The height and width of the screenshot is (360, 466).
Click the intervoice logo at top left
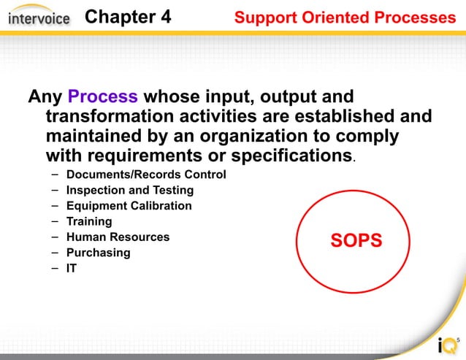click(x=39, y=18)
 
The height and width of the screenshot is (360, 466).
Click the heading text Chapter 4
click(x=128, y=17)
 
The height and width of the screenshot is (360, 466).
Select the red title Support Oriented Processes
click(x=345, y=18)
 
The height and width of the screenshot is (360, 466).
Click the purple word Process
click(x=102, y=96)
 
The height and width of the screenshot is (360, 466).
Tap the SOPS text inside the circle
click(x=356, y=241)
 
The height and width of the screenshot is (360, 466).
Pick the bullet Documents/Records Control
click(x=146, y=175)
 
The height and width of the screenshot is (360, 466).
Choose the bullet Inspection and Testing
click(x=130, y=190)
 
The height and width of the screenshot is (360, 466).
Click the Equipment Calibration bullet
click(x=129, y=206)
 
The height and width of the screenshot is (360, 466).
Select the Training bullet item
click(x=89, y=221)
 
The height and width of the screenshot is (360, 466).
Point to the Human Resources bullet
click(x=118, y=237)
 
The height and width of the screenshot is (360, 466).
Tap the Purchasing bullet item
click(x=98, y=253)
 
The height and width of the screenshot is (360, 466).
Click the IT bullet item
click(x=72, y=268)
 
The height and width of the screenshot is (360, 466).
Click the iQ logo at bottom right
click(x=445, y=345)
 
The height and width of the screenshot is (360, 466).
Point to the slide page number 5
click(x=458, y=340)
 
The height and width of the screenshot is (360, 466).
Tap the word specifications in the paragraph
click(x=291, y=156)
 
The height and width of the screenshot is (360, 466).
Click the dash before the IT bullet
click(x=56, y=268)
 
